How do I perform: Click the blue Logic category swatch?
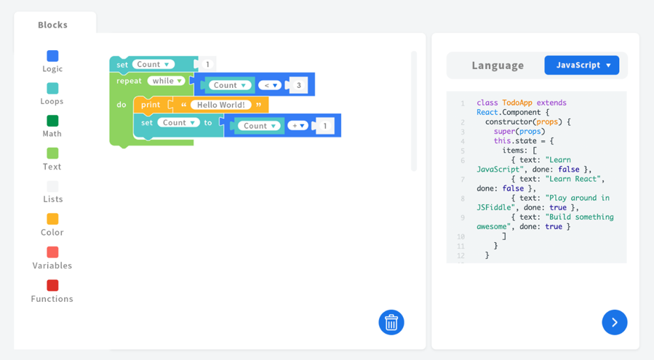point(52,56)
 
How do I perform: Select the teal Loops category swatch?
point(52,89)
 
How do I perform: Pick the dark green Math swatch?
point(52,121)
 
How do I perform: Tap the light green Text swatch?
point(52,153)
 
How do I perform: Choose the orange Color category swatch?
point(52,219)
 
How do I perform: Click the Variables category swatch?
point(52,252)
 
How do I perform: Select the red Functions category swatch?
point(52,285)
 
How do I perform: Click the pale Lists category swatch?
point(52,186)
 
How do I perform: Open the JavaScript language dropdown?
point(582,65)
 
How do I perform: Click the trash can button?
point(391,322)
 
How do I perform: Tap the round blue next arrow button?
point(615,322)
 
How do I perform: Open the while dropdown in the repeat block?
point(167,81)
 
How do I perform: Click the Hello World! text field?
point(221,105)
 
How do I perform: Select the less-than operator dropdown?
point(270,86)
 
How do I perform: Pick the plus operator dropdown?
point(298,126)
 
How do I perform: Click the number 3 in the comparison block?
point(299,86)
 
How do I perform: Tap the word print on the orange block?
point(151,105)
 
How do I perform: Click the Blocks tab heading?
point(52,25)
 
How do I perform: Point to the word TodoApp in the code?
point(517,103)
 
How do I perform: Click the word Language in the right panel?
point(498,65)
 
